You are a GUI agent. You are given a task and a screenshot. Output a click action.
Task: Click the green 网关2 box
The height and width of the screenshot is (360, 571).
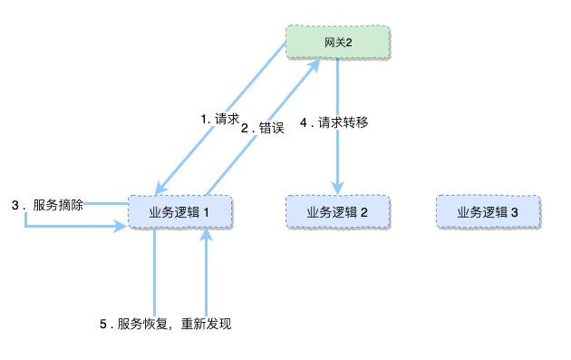pyautogui.click(x=338, y=42)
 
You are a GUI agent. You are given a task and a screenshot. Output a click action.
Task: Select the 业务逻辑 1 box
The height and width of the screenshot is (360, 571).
pyautogui.click(x=180, y=212)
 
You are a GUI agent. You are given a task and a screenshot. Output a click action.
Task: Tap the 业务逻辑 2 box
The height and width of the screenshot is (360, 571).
pyautogui.click(x=337, y=212)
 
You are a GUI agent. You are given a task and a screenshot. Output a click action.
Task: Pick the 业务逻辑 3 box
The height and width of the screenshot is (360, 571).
pyautogui.click(x=488, y=212)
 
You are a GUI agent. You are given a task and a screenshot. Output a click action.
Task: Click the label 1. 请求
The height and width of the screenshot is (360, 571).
pyautogui.click(x=219, y=119)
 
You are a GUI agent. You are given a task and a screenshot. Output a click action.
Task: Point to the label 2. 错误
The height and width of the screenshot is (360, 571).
pyautogui.click(x=263, y=128)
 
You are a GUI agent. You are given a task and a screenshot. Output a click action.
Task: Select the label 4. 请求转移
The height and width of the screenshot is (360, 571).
pyautogui.click(x=334, y=122)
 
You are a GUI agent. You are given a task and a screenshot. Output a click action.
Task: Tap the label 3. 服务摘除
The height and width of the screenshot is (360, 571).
pyautogui.click(x=48, y=205)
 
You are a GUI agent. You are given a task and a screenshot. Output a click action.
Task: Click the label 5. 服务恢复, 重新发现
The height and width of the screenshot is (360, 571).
pyautogui.click(x=165, y=324)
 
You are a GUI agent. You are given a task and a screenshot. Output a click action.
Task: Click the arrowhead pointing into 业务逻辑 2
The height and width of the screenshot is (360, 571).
pyautogui.click(x=338, y=188)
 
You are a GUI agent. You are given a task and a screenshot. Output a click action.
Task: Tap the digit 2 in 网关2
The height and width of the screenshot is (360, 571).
pyautogui.click(x=348, y=42)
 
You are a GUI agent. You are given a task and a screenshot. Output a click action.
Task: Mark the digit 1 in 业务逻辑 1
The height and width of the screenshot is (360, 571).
pyautogui.click(x=206, y=212)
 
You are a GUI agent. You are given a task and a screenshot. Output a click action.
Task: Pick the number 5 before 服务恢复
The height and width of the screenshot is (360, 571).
pyautogui.click(x=103, y=324)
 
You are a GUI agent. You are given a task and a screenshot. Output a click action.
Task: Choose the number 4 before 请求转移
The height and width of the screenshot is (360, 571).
pyautogui.click(x=304, y=122)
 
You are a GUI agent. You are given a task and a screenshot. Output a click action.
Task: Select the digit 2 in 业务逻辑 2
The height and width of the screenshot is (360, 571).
pyautogui.click(x=363, y=212)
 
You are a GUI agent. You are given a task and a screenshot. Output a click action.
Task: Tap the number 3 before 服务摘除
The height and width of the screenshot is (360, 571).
pyautogui.click(x=15, y=205)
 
